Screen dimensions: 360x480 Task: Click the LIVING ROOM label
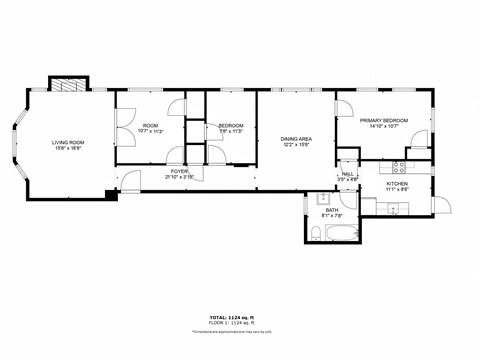tap(68, 142)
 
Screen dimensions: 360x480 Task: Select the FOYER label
tap(179, 171)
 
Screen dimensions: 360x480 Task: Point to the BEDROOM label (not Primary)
tap(231, 125)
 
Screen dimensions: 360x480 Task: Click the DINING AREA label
tap(296, 139)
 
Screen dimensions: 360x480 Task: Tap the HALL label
tap(349, 173)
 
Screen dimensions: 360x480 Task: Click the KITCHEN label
tap(397, 184)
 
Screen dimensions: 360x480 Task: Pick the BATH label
tap(332, 210)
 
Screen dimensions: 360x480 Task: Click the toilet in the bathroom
tap(316, 233)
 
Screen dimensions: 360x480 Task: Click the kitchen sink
tap(393, 209)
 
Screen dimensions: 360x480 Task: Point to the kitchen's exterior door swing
tap(438, 207)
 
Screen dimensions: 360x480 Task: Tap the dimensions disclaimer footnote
tap(231, 330)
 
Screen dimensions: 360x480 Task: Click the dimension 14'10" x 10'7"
tap(388, 126)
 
